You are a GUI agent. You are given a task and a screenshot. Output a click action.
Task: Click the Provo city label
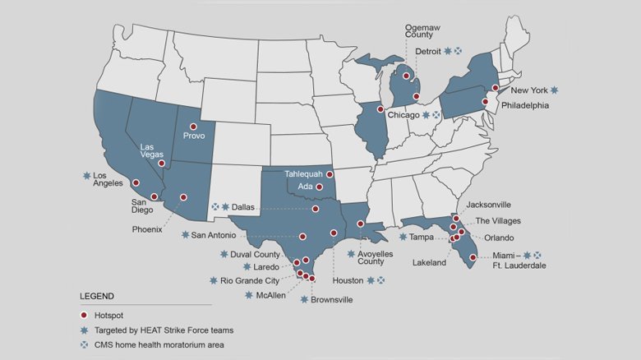pyautogui.click(x=194, y=136)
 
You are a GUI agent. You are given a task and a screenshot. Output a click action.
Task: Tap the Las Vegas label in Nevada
pyautogui.click(x=153, y=150)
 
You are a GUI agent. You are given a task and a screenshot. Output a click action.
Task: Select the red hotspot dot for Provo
pyautogui.click(x=194, y=124)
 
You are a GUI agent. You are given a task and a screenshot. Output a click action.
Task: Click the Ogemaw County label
pyautogui.click(x=423, y=31)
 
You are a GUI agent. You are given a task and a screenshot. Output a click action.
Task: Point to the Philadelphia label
pyautogui.click(x=522, y=105)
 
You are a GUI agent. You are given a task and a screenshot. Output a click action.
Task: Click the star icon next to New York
pyautogui.click(x=555, y=90)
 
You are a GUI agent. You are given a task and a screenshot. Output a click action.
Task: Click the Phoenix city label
pyautogui.click(x=147, y=229)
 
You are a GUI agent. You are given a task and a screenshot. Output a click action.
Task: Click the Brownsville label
pyautogui.click(x=331, y=300)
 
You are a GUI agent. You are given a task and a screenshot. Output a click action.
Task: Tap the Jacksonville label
pyautogui.click(x=489, y=204)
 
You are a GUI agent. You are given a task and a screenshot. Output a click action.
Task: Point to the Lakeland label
pyautogui.click(x=429, y=263)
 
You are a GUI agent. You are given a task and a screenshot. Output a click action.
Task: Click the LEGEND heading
pyautogui.click(x=97, y=295)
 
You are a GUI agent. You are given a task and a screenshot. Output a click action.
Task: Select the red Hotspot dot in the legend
pyautogui.click(x=84, y=316)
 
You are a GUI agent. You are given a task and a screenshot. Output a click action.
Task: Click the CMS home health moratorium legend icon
pyautogui.click(x=84, y=344)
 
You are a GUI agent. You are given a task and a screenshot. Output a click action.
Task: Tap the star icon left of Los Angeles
pyautogui.click(x=85, y=176)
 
